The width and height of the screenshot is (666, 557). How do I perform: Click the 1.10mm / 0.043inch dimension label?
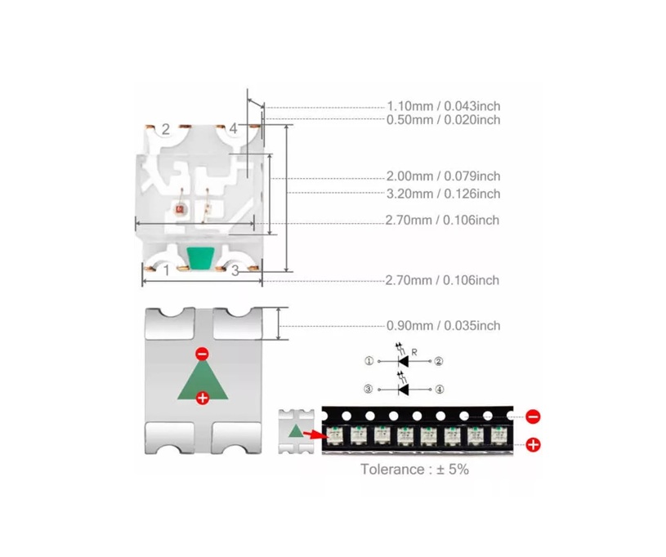tap(444, 105)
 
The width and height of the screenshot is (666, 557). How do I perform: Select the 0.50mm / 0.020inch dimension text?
tap(444, 120)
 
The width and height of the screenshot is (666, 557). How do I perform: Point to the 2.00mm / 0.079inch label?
tap(444, 176)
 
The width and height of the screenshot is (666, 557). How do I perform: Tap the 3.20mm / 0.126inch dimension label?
tap(444, 194)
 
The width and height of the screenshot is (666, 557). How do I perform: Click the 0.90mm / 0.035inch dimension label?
tap(444, 326)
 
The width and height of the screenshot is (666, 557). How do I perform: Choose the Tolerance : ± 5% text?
tap(414, 469)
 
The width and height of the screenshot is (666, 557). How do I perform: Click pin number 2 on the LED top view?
tap(166, 129)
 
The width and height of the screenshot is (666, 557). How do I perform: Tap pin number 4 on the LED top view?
tap(233, 128)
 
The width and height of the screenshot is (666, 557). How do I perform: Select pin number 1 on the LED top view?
tap(167, 270)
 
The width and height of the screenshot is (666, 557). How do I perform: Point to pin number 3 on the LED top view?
tap(235, 271)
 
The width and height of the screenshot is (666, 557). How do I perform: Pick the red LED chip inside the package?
tap(179, 209)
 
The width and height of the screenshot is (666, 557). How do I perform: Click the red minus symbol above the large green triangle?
tap(202, 354)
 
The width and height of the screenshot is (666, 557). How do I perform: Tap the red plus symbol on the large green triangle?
tap(203, 398)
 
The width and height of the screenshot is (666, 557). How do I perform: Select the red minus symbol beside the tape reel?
tap(533, 417)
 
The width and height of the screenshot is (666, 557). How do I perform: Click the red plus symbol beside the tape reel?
tap(533, 444)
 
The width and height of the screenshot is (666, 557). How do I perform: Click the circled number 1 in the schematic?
tap(369, 361)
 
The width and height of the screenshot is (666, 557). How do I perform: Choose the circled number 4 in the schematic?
tap(439, 390)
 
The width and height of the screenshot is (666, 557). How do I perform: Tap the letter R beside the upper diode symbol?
tap(414, 352)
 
